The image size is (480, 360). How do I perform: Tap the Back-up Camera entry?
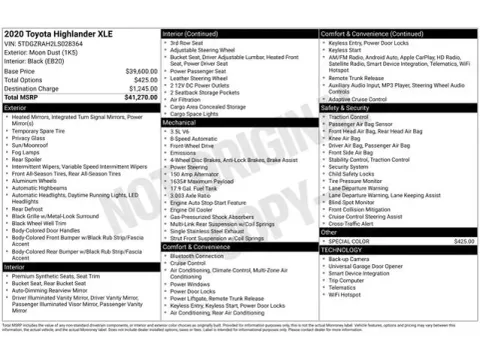tap(349, 258)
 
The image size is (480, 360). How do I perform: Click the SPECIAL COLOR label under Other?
tap(348, 241)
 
